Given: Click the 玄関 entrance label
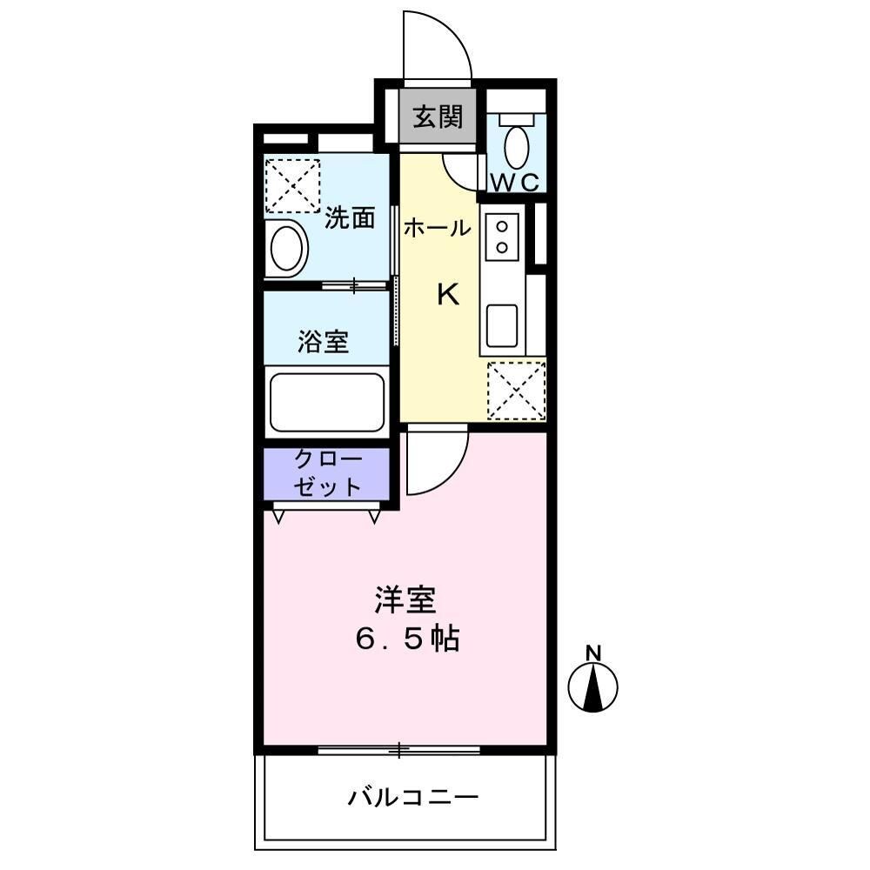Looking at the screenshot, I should (x=438, y=117).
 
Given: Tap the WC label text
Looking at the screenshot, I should (x=517, y=183).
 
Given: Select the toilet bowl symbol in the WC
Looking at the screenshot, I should (x=517, y=147).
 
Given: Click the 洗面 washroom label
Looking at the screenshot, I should (x=350, y=218).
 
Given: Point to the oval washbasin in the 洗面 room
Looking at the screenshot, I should (x=287, y=248).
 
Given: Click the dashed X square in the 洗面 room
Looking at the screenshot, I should (x=292, y=185).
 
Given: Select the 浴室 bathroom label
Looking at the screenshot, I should (x=324, y=342).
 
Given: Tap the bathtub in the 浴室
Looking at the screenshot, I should (x=326, y=402).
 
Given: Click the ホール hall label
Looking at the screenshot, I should (x=437, y=229).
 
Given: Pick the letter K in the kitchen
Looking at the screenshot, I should (x=447, y=296).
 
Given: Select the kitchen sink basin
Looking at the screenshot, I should (x=502, y=325).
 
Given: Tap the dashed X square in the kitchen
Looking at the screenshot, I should (x=516, y=391).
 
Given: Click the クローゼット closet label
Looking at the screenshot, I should (x=327, y=473).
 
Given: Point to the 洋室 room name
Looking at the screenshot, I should (x=405, y=599).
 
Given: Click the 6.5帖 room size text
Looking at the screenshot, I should (x=405, y=641).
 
